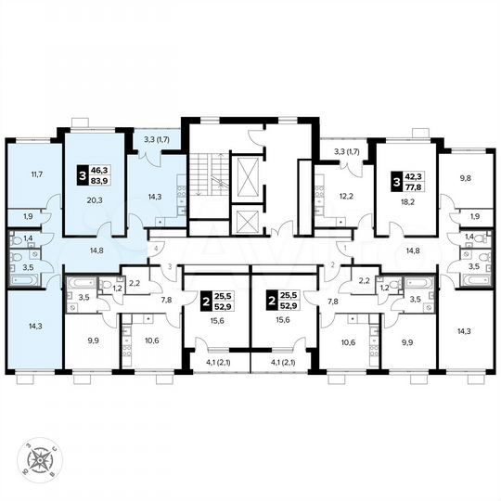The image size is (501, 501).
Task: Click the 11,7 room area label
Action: [x=36, y=173]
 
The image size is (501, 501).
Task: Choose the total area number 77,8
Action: [x=409, y=185]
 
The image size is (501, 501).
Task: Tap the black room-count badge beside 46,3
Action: [x=81, y=175]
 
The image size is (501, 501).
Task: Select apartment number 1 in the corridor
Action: [x=343, y=249]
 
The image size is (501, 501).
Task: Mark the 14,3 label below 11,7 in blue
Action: [x=36, y=327]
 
